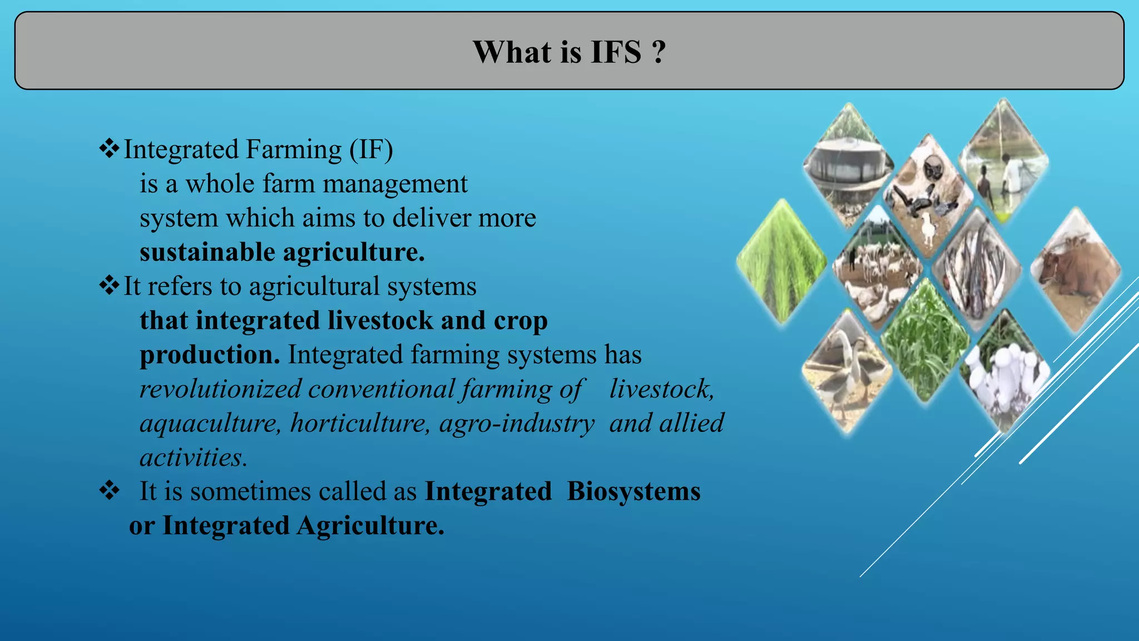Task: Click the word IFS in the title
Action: (x=615, y=52)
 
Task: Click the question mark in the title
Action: (x=658, y=52)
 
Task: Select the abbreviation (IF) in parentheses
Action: (x=371, y=150)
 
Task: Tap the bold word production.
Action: (x=209, y=355)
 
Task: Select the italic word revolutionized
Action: (x=220, y=389)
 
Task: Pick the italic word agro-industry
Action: (x=517, y=423)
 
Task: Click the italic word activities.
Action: (x=192, y=458)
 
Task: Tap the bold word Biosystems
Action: (x=633, y=491)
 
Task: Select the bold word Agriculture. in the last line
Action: (x=370, y=526)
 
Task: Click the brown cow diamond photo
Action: (x=1075, y=271)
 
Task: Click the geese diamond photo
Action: (x=846, y=372)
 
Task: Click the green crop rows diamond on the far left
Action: (x=781, y=262)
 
